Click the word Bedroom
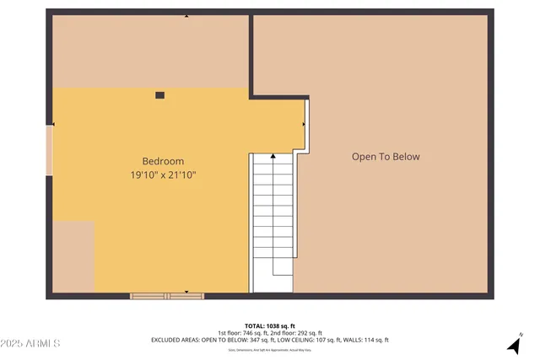163,161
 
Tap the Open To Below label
386,157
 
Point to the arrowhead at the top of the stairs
273,157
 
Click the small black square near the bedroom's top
160,95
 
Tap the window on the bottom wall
167,296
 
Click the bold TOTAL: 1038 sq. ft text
269,325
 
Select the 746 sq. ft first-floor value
257,333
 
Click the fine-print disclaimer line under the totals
269,348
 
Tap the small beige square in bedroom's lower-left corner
74,257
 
